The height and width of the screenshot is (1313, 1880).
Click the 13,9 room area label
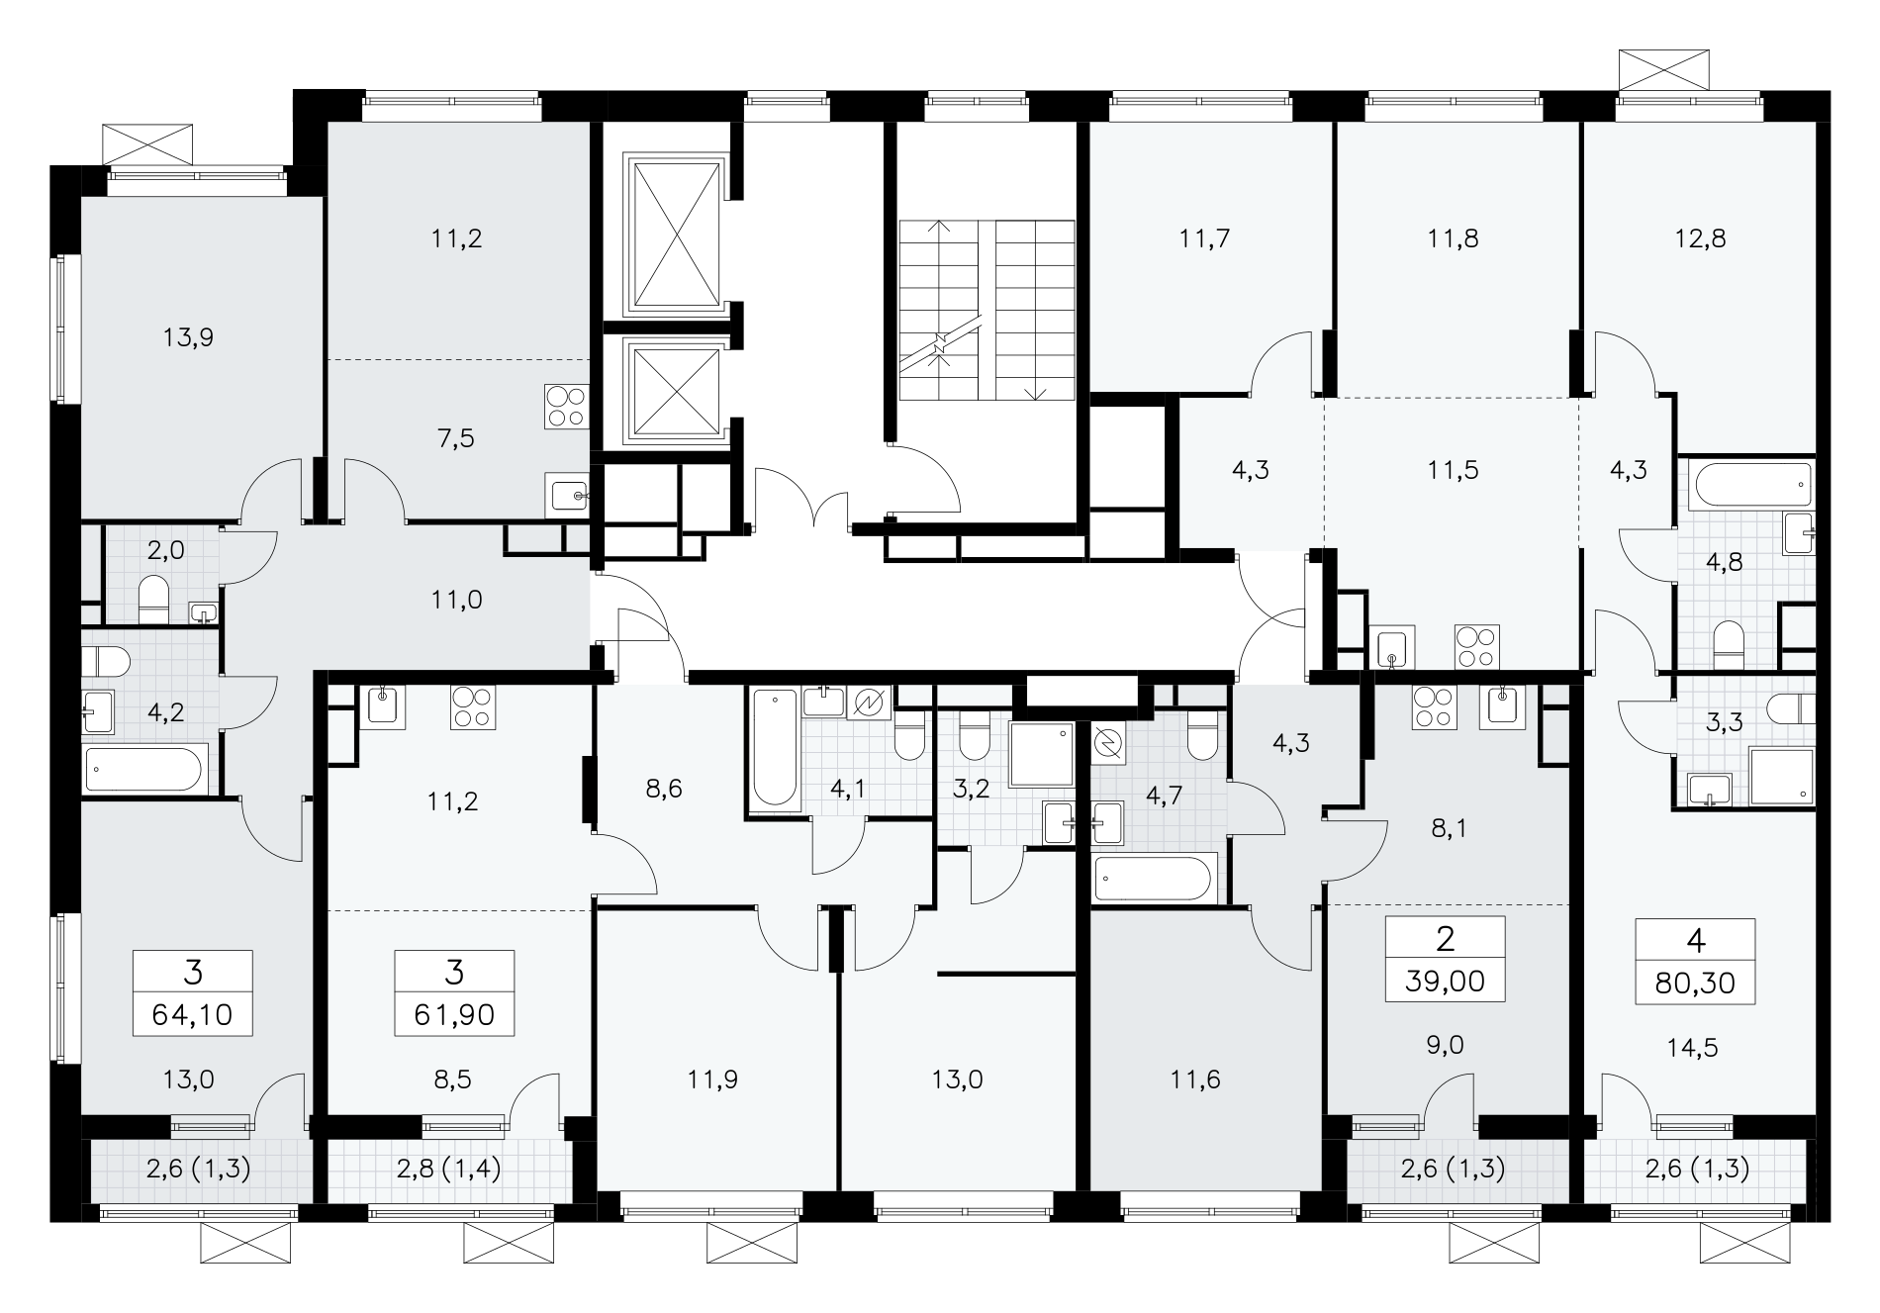188,338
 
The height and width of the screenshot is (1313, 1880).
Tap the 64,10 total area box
193,992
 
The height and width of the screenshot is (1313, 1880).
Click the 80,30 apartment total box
1695,962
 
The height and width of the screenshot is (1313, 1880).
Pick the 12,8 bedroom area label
1701,238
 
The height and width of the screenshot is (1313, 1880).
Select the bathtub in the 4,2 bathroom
144,769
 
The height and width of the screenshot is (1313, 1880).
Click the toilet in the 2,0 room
152,601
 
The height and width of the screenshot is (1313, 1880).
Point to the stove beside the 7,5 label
565,407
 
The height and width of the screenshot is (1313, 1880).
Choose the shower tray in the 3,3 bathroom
1781,777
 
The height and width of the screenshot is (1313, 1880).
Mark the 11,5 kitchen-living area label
1454,470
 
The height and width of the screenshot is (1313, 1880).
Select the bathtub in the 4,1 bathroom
775,749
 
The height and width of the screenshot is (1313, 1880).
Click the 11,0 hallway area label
457,599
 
